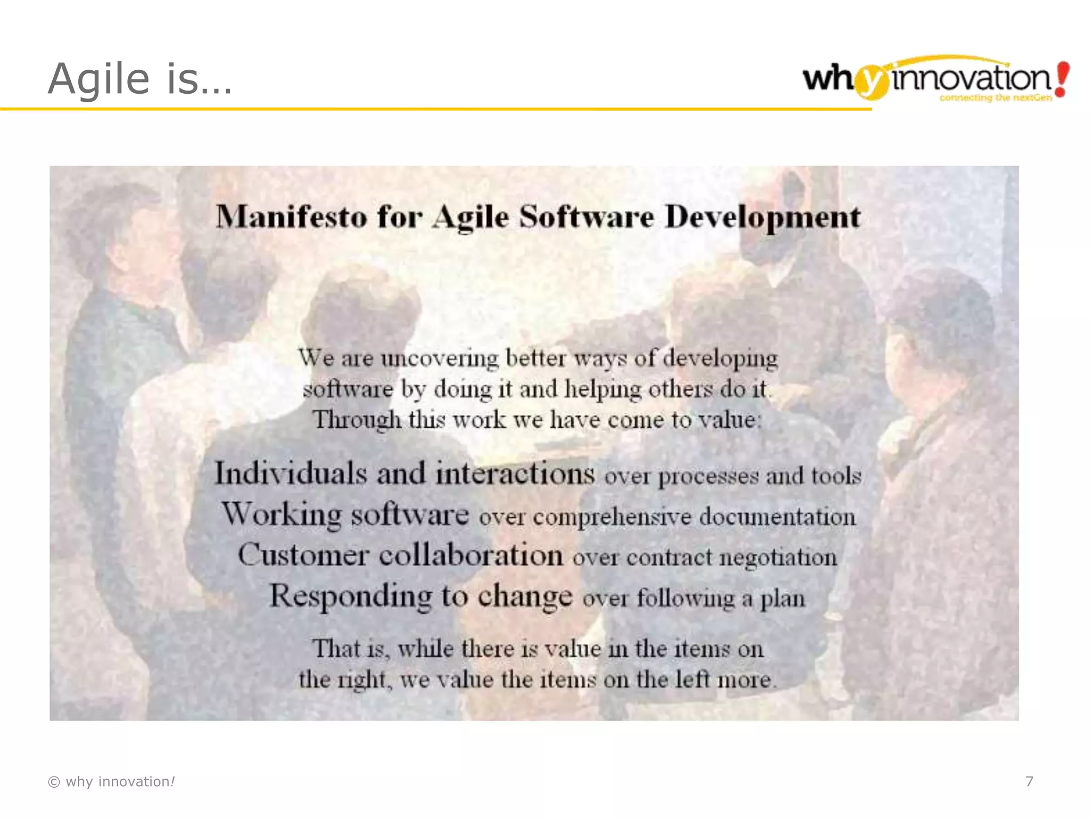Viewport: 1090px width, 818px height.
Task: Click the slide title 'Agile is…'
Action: pyautogui.click(x=140, y=79)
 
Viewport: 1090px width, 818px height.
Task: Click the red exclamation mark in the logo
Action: pyautogui.click(x=1061, y=79)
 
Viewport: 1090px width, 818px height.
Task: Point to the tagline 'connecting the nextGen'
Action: pyautogui.click(x=995, y=98)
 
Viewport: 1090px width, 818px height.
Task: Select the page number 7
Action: pyautogui.click(x=1029, y=781)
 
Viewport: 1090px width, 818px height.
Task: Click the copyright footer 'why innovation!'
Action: pyautogui.click(x=112, y=781)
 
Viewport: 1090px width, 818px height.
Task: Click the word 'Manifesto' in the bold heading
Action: pyautogui.click(x=291, y=217)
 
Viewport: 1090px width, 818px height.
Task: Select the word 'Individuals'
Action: pyautogui.click(x=291, y=473)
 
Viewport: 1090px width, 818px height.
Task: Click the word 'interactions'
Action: pyautogui.click(x=515, y=473)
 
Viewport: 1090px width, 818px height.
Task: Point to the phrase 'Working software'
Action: pyautogui.click(x=345, y=514)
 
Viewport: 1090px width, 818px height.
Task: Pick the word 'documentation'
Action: pyautogui.click(x=777, y=517)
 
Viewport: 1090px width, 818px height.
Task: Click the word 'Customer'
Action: pyautogui.click(x=303, y=555)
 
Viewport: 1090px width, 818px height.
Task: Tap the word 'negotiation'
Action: pyautogui.click(x=778, y=558)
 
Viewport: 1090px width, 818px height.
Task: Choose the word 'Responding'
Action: pyautogui.click(x=351, y=596)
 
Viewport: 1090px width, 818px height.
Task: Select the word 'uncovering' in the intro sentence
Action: pyautogui.click(x=439, y=358)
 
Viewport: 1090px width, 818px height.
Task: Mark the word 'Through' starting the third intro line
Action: pyautogui.click(x=357, y=420)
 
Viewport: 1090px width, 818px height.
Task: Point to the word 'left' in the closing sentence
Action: pyautogui.click(x=693, y=680)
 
